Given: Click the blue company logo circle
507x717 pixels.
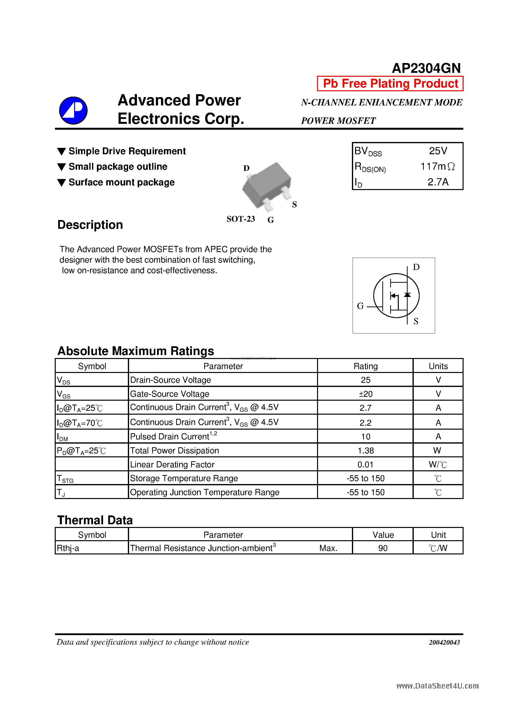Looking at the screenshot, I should pyautogui.click(x=73, y=111).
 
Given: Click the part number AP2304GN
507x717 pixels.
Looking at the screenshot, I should pyautogui.click(x=426, y=68).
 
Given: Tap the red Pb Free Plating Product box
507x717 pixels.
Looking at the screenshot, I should pyautogui.click(x=390, y=84).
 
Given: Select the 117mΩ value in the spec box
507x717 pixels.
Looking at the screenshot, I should pyautogui.click(x=437, y=166).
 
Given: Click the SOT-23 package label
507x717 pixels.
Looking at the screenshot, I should pyautogui.click(x=240, y=219).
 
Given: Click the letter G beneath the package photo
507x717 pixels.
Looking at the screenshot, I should pyautogui.click(x=270, y=220).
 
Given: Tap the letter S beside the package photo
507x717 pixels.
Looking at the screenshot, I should pyautogui.click(x=294, y=205).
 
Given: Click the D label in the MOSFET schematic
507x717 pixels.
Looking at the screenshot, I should pyautogui.click(x=416, y=267).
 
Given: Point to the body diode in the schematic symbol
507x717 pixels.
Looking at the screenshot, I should pyautogui.click(x=407, y=295).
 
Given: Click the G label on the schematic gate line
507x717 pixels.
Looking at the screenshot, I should pyautogui.click(x=360, y=306).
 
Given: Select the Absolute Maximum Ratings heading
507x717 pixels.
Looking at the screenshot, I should pyautogui.click(x=136, y=351).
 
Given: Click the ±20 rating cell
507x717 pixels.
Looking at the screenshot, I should pyautogui.click(x=365, y=394).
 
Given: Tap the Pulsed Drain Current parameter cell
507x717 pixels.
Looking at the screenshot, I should pyautogui.click(x=173, y=436).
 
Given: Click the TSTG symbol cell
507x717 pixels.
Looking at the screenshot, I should pyautogui.click(x=65, y=478).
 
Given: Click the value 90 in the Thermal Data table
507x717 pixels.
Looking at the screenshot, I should pyautogui.click(x=383, y=548).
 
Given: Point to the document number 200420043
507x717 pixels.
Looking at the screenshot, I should pyautogui.click(x=444, y=642).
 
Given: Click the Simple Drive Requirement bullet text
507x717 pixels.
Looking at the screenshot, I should pyautogui.click(x=127, y=151).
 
